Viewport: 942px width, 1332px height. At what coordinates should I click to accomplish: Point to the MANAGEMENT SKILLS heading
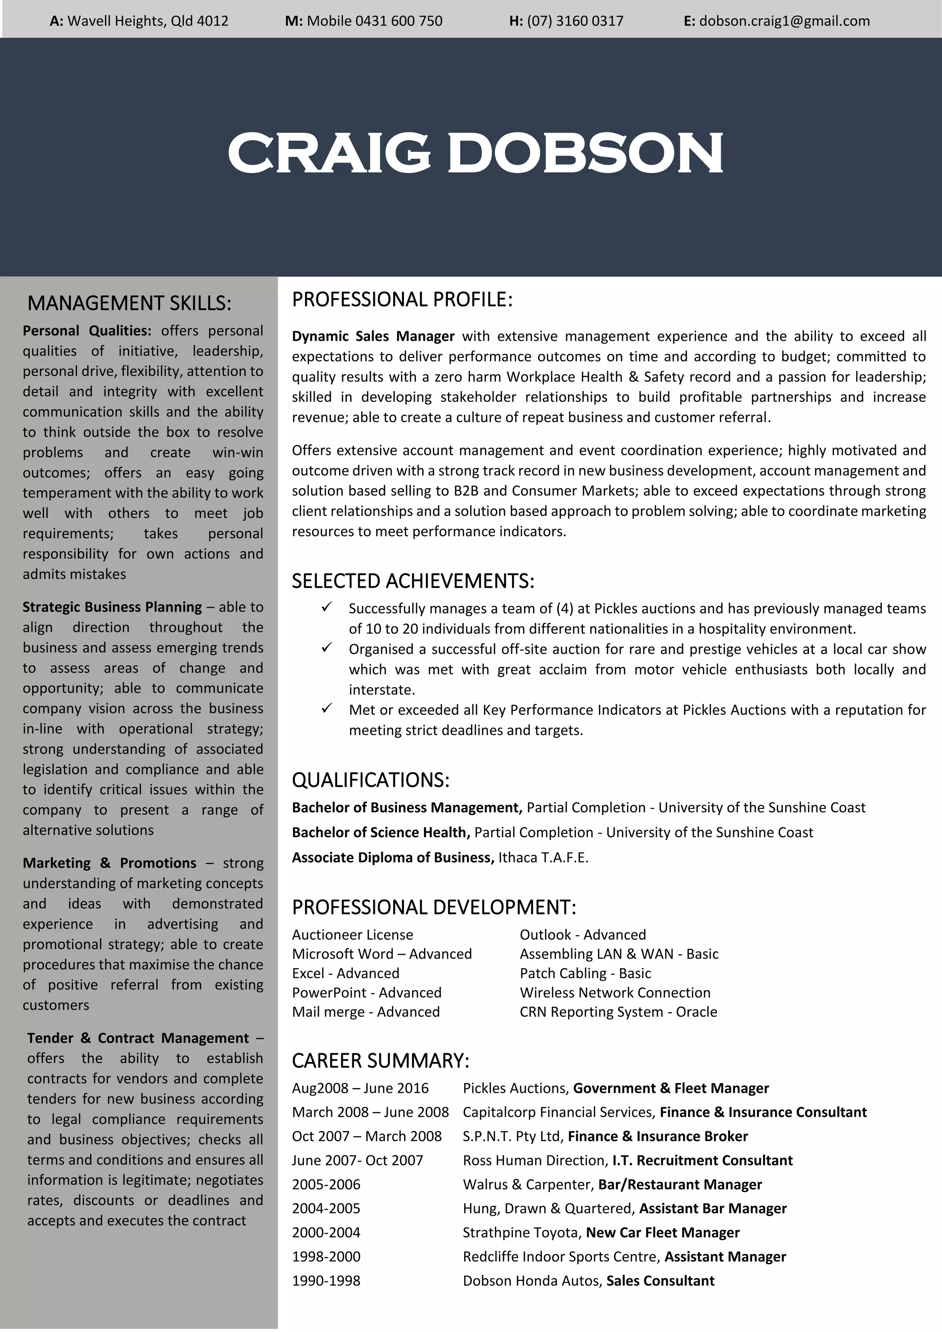coord(129,304)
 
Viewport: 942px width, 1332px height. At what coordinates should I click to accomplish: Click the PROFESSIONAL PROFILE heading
coord(402,299)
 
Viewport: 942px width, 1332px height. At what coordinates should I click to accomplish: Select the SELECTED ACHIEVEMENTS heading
coord(413,581)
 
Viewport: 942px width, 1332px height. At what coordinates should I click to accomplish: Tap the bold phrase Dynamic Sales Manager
coord(373,337)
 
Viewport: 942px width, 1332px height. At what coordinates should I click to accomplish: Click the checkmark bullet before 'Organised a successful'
coord(327,648)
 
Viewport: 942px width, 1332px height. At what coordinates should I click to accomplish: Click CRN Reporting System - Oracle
coord(618,1012)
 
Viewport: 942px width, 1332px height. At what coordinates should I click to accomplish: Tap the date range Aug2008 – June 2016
coord(360,1088)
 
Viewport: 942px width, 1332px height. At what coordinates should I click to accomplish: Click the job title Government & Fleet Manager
coord(671,1088)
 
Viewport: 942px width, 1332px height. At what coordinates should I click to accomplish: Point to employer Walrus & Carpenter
coord(527,1185)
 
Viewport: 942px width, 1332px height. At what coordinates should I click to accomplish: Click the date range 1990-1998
coord(326,1281)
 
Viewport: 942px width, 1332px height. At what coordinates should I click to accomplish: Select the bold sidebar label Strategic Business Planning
coord(112,607)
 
